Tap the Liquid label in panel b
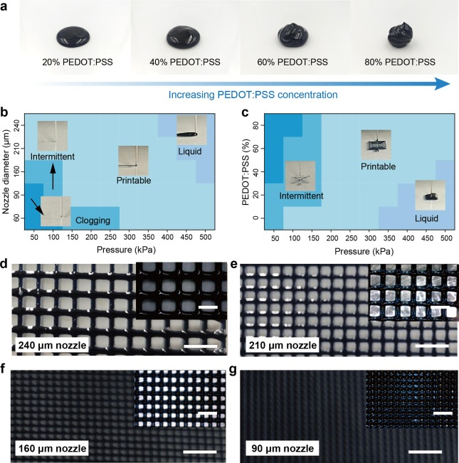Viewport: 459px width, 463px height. pyautogui.click(x=190, y=151)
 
